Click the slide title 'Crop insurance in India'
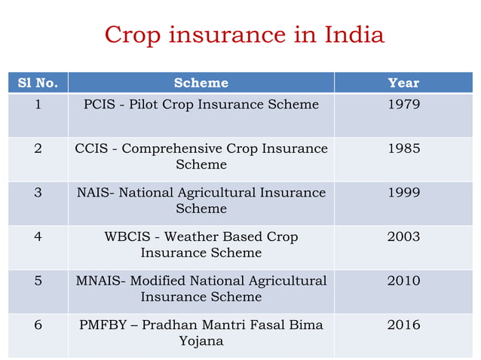pyautogui.click(x=244, y=35)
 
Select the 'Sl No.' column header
pyautogui.click(x=38, y=83)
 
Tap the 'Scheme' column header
pyautogui.click(x=201, y=83)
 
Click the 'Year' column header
pyautogui.click(x=403, y=83)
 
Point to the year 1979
pyautogui.click(x=403, y=105)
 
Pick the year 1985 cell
pyautogui.click(x=403, y=148)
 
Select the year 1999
pyautogui.click(x=403, y=193)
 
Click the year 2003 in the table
pyautogui.click(x=403, y=237)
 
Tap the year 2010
pyautogui.click(x=403, y=281)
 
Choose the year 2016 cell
pyautogui.click(x=403, y=325)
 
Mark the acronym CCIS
pyautogui.click(x=91, y=148)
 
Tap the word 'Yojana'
pyautogui.click(x=201, y=341)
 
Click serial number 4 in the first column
pyautogui.click(x=38, y=237)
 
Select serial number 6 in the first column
pyautogui.click(x=38, y=325)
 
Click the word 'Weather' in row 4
pyautogui.click(x=191, y=237)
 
